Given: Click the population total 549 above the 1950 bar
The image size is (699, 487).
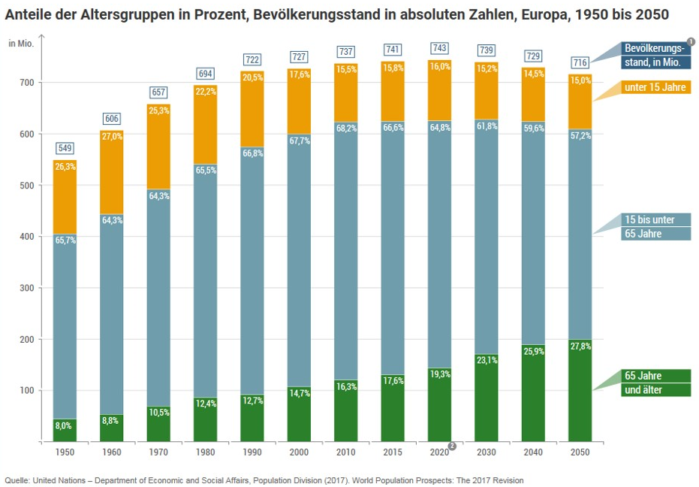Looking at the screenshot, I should pyautogui.click(x=65, y=148).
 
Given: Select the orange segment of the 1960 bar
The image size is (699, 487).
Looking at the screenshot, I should pyautogui.click(x=112, y=173).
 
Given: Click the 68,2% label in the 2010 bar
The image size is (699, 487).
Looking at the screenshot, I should pyautogui.click(x=346, y=129).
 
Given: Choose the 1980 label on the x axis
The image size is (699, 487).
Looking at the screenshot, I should pyautogui.click(x=205, y=453).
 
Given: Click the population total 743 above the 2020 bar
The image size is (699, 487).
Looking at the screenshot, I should pyautogui.click(x=439, y=48).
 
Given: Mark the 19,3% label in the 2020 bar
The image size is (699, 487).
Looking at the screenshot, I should pyautogui.click(x=440, y=374).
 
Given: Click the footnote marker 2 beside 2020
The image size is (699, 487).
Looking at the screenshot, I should pyautogui.click(x=453, y=446).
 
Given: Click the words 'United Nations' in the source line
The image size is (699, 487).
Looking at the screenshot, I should pyautogui.click(x=58, y=480).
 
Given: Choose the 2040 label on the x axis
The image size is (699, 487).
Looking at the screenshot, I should pyautogui.click(x=533, y=453).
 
